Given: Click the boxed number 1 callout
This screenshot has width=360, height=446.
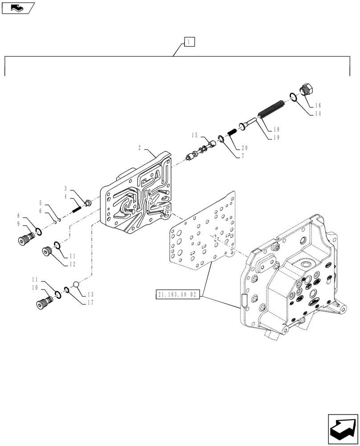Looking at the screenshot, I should coord(189,42).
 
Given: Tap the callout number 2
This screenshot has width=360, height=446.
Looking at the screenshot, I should coord(139,148).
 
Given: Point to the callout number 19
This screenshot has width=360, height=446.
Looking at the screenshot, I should coord(276,138).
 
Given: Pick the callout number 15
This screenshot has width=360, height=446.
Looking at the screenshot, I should coord(195,135).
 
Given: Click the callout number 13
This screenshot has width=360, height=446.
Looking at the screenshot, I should coord(90,294).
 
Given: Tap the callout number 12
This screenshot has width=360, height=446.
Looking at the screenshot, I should coord(72,264).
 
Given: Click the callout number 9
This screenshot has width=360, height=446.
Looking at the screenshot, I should coord(18,223).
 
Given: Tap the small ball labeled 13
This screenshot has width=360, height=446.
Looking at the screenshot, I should coord(77,285).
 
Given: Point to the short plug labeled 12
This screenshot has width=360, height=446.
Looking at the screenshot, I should coord(47,252).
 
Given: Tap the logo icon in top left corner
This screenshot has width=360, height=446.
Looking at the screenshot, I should coord(17,8).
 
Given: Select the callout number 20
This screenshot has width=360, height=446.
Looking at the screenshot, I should coord(244,148).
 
